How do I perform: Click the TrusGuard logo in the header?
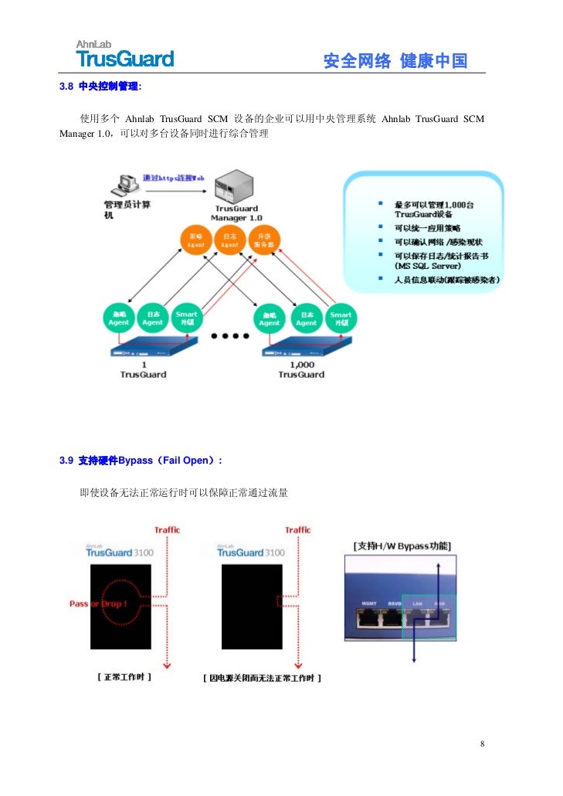click(124, 54)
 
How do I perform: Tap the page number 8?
click(482, 744)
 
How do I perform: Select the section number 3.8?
click(66, 86)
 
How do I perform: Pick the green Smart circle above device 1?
click(185, 318)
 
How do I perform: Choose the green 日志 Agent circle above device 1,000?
click(307, 318)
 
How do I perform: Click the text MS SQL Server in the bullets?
click(428, 266)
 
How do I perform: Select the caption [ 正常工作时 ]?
click(124, 677)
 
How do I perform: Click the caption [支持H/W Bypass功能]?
click(402, 546)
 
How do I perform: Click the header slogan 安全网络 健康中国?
click(395, 61)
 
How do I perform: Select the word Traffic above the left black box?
click(167, 530)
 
